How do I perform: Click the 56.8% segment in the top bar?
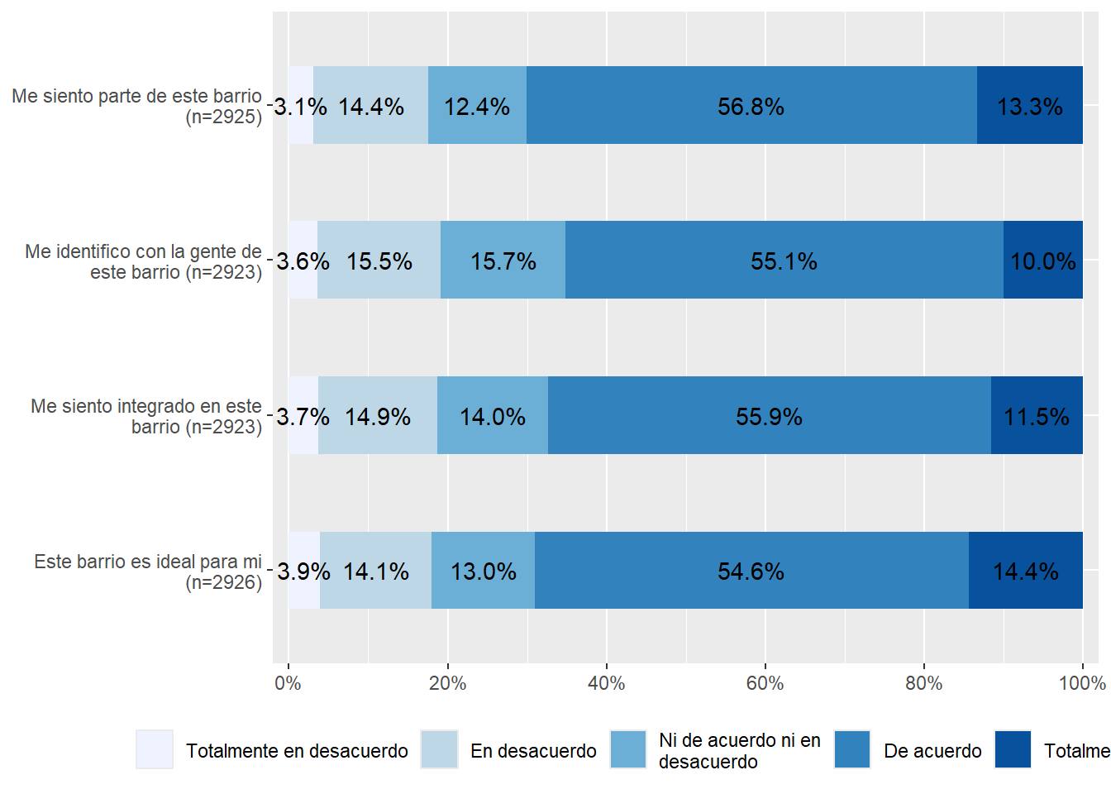coord(751,106)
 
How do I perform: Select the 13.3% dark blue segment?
coord(1029,106)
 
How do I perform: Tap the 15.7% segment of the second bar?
coord(503,261)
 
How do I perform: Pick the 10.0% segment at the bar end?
coord(1042,261)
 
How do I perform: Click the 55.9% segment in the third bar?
coord(769,415)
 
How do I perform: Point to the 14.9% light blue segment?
coord(378,415)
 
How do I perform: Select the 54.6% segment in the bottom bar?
coord(751,571)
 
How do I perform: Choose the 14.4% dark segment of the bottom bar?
coord(1025,571)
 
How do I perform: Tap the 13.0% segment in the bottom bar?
coord(483,571)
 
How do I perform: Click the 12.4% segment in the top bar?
coord(477,106)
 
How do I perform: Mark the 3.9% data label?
coord(303,572)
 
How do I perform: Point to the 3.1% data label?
coord(300,107)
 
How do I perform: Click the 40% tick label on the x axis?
coord(606,683)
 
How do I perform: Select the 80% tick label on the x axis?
coord(923,683)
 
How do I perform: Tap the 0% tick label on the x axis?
coord(288,683)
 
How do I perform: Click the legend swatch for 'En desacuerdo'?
coord(439,749)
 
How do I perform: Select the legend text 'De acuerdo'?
coord(932,751)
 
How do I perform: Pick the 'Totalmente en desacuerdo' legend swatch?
coord(155,749)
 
